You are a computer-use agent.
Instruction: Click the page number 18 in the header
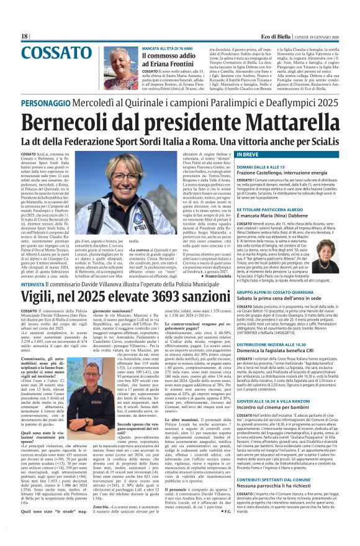25,37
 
